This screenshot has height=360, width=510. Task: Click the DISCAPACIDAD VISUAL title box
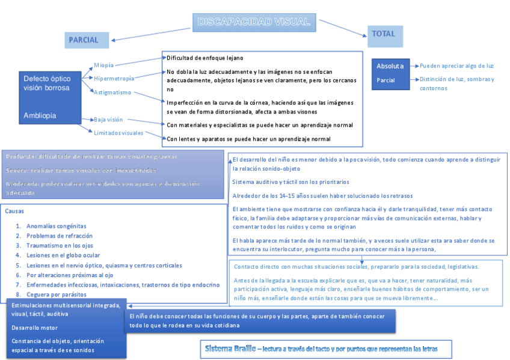coord(254,22)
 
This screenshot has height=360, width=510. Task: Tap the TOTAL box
coord(384,35)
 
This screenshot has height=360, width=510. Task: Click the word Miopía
coord(103,65)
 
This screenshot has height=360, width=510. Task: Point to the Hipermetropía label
coord(114,78)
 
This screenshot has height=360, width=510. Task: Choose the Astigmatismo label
coord(112,92)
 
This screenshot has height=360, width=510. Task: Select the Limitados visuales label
coord(118,133)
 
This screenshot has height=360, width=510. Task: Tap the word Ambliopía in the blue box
coord(40,115)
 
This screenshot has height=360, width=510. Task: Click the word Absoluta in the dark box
coord(390,66)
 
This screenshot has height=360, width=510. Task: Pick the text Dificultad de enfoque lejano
coord(204,58)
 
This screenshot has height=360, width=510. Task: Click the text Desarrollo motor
coord(34,328)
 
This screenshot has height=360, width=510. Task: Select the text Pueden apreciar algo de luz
coord(456,66)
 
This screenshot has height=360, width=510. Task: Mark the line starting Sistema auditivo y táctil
coord(290,182)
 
